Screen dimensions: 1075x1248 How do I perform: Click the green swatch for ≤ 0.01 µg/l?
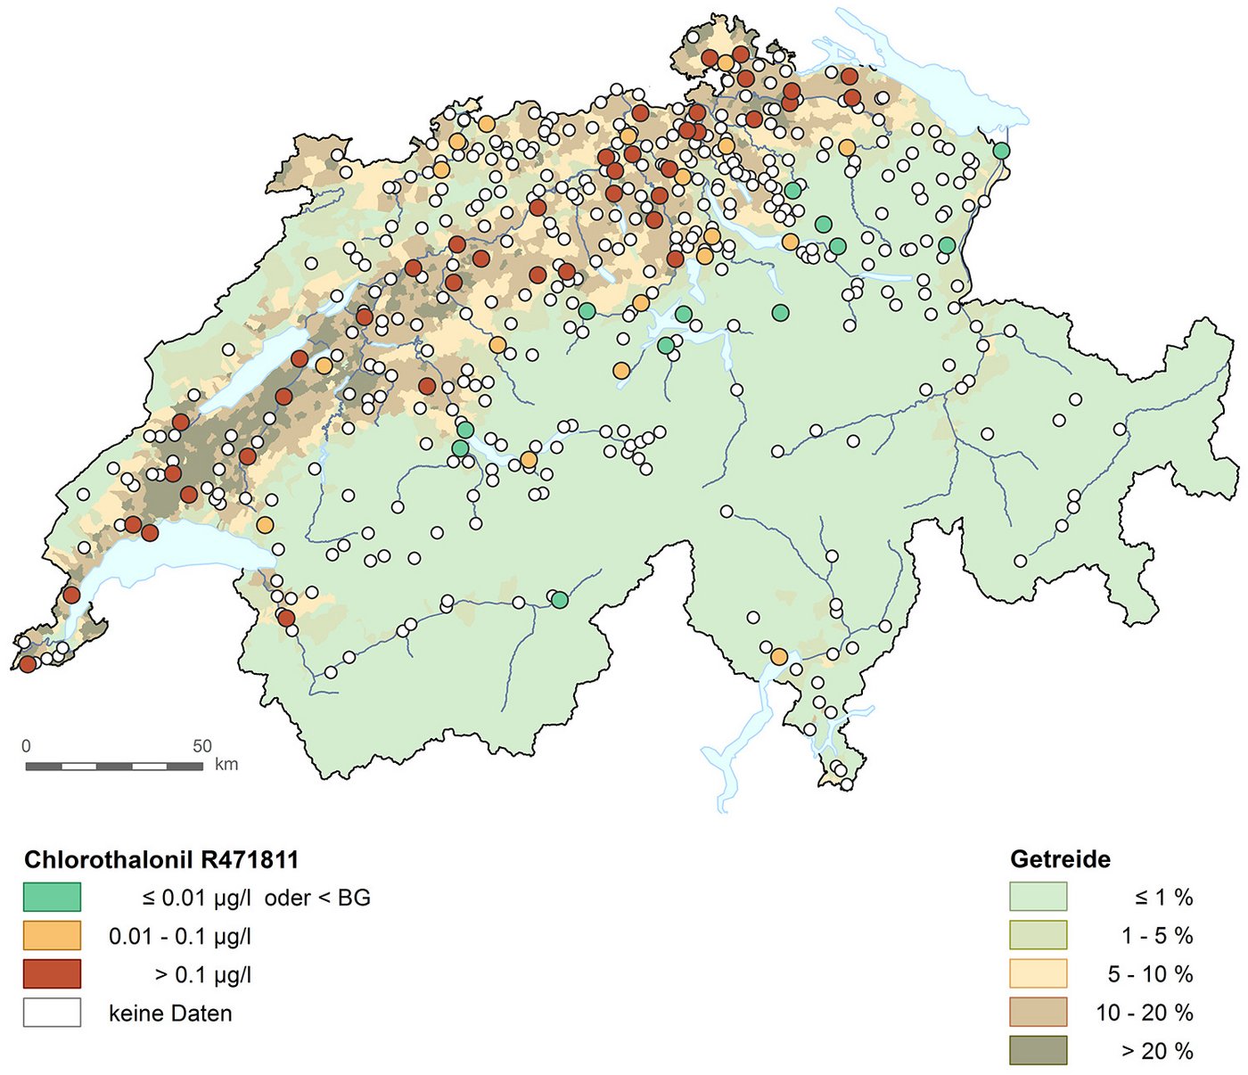52,897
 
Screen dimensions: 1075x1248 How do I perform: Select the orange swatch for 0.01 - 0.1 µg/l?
52,936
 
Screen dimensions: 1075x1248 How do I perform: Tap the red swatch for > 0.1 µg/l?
52,974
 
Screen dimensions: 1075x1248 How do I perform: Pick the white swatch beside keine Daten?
52,1013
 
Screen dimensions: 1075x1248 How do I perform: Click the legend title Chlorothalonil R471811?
161,859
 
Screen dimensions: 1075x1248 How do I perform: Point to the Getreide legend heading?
1060,859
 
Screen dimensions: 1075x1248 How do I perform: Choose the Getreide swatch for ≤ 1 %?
1038,897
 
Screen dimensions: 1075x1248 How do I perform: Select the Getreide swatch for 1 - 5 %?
1038,935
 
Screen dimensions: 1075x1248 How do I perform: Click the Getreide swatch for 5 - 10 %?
1038,973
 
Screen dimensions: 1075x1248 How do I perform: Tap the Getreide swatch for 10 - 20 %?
1038,1012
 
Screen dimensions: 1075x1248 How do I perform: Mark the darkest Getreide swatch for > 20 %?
1038,1050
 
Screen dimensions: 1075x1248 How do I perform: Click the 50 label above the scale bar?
202,746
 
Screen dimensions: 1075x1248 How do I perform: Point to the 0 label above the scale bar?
26,746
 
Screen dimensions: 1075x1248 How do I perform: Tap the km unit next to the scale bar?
226,765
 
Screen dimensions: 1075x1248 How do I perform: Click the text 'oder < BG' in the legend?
317,898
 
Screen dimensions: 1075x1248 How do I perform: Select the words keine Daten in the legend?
170,1013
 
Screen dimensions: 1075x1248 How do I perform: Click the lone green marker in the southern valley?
559,600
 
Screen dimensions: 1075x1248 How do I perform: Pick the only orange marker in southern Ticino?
779,657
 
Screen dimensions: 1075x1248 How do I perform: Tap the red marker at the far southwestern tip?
28,664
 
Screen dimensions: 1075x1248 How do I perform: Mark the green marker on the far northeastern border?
1002,151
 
